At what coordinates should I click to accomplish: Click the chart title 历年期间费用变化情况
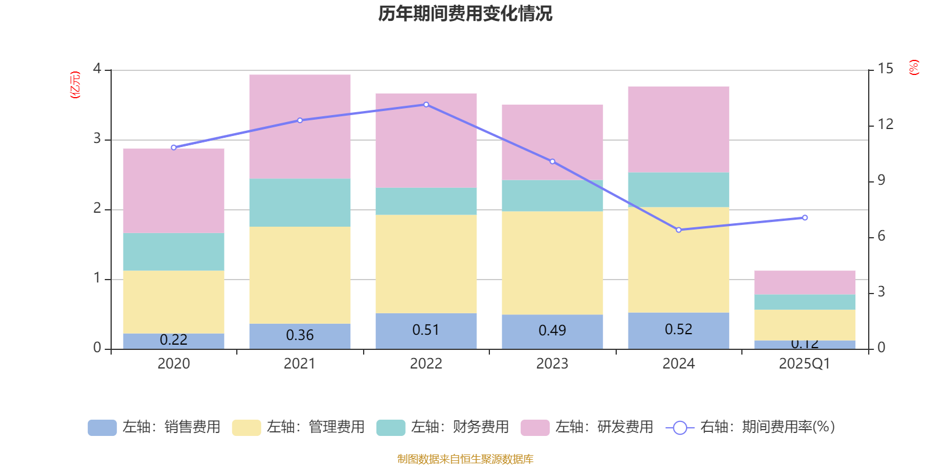(x=465, y=13)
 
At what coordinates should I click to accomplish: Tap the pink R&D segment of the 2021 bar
(x=300, y=126)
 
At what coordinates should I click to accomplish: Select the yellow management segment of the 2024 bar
(x=678, y=260)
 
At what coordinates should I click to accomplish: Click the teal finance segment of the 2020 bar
(x=173, y=252)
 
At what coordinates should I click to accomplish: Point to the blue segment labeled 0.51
(x=426, y=331)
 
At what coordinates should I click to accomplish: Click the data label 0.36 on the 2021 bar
(x=300, y=335)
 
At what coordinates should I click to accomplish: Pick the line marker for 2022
(x=426, y=105)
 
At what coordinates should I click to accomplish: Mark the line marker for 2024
(x=678, y=230)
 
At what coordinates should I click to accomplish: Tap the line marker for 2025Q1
(x=805, y=217)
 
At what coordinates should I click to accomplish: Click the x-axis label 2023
(x=552, y=364)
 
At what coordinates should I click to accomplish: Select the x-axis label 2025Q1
(x=805, y=364)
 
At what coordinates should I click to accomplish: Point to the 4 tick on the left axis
(x=97, y=69)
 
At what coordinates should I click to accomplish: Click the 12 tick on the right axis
(x=886, y=124)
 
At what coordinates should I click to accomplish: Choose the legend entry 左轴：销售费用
(x=154, y=427)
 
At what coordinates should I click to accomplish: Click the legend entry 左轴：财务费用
(x=443, y=427)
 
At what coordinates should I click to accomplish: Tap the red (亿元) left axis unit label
(x=75, y=85)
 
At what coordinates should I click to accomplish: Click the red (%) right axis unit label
(x=914, y=67)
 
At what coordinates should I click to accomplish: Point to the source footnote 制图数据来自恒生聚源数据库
(x=465, y=459)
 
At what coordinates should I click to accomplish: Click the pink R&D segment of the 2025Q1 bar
(x=805, y=282)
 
